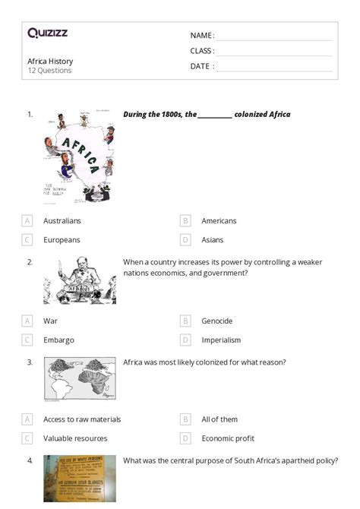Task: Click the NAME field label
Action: [202, 36]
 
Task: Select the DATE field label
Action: [202, 66]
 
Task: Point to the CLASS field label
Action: [202, 51]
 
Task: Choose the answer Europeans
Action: [62, 239]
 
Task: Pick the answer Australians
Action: [62, 221]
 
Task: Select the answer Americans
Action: [219, 221]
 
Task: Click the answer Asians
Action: [213, 239]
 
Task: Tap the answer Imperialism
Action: [221, 340]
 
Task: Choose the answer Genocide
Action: [216, 321]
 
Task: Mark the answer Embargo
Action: [58, 340]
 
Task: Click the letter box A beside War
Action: [27, 321]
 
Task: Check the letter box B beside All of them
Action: [185, 419]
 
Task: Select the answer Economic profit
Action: [227, 438]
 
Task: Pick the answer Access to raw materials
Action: [82, 419]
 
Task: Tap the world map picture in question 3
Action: [80, 378]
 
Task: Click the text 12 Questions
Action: [49, 71]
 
